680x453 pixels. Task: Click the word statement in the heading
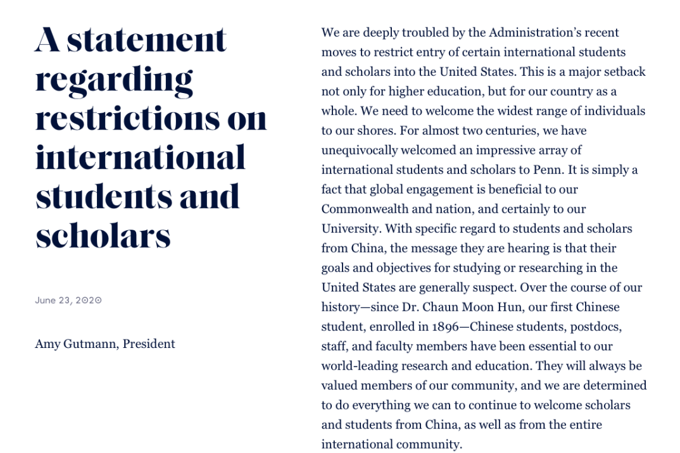pyautogui.click(x=147, y=40)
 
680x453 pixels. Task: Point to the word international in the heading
pyautogui.click(x=140, y=158)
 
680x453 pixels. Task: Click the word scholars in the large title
pyautogui.click(x=103, y=236)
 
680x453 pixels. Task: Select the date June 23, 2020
pyautogui.click(x=68, y=301)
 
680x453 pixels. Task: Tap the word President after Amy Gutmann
pyautogui.click(x=149, y=344)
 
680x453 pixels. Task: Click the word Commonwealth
pyautogui.click(x=362, y=209)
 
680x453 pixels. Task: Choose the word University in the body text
pyautogui.click(x=350, y=228)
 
